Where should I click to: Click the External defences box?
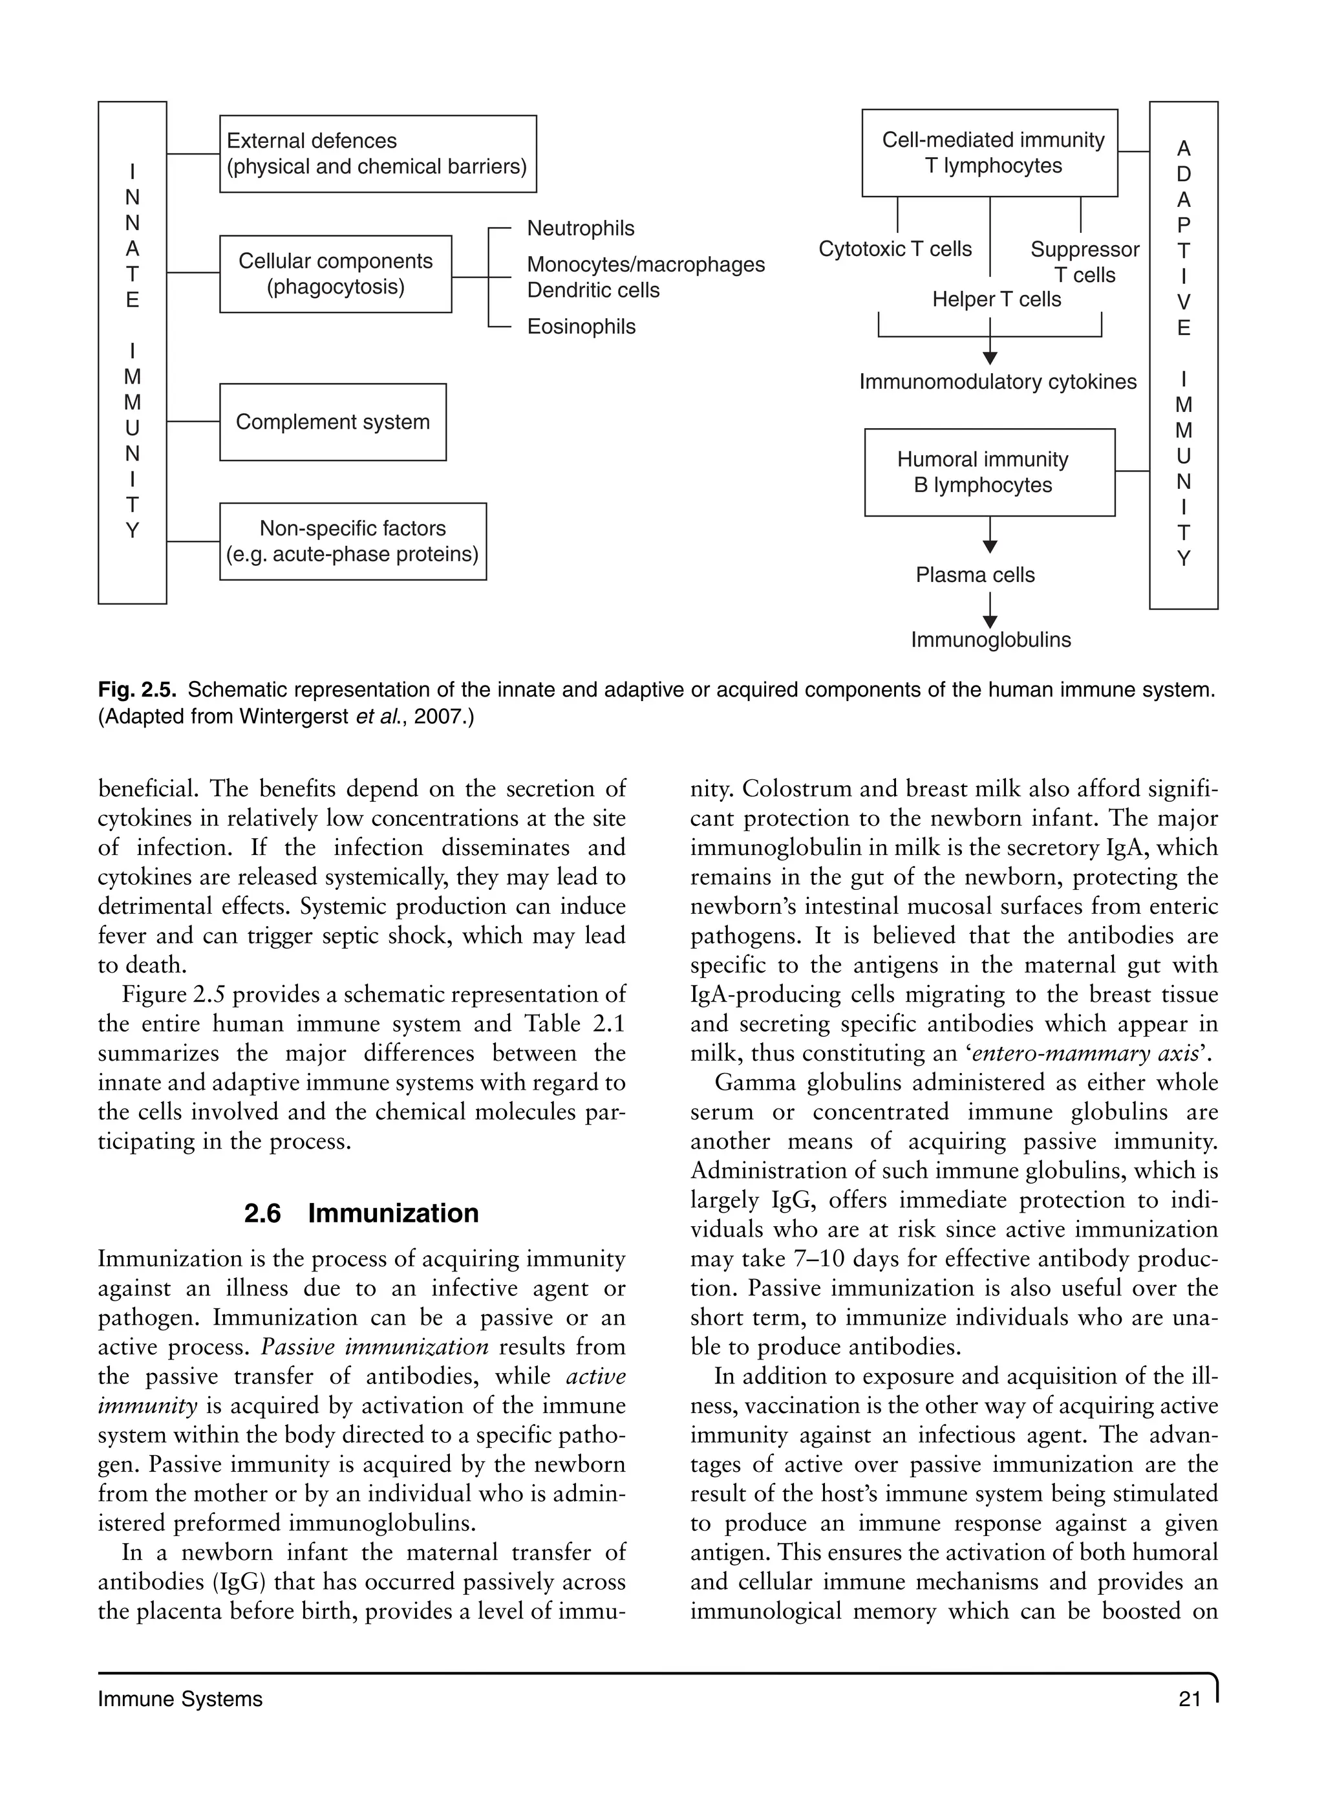pyautogui.click(x=378, y=154)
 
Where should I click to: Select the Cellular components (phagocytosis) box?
pyautogui.click(x=335, y=274)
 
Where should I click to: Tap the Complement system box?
pyautogui.click(x=332, y=422)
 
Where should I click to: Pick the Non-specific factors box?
pyautogui.click(x=352, y=541)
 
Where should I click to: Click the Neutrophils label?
pyautogui.click(x=581, y=228)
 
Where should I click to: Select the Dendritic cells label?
pyautogui.click(x=593, y=290)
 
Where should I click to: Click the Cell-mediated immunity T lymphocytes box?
pyautogui.click(x=989, y=153)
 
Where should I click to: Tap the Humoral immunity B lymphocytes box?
pyautogui.click(x=989, y=472)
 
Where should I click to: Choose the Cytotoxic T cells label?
pyautogui.click(x=895, y=249)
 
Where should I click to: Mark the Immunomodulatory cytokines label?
pyautogui.click(x=998, y=382)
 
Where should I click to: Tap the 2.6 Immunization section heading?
pyautogui.click(x=361, y=1213)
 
